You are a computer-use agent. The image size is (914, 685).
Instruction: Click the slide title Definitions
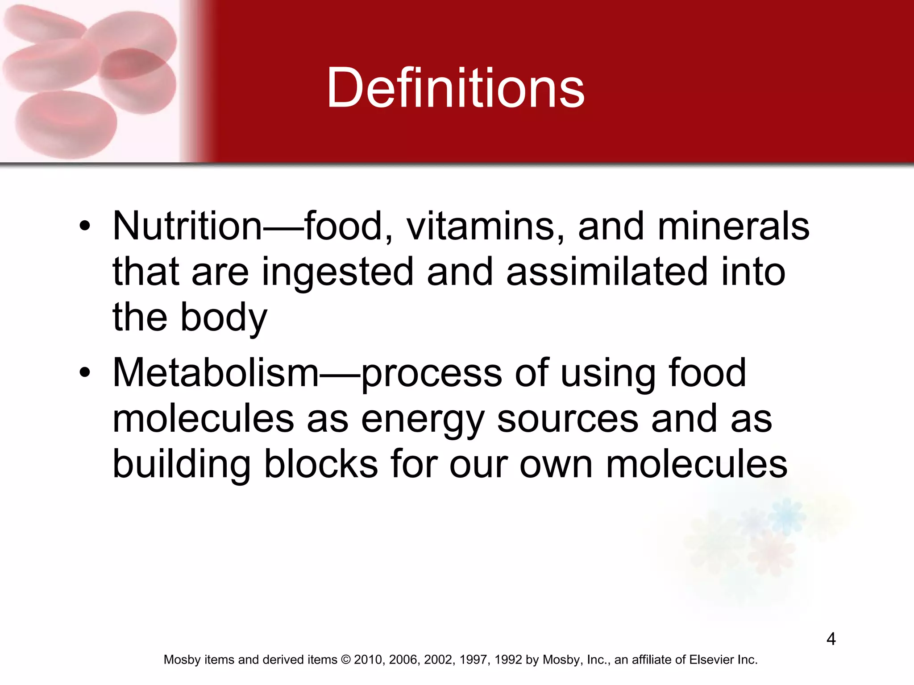[x=455, y=88]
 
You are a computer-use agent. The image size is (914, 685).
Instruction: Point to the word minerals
[x=733, y=226]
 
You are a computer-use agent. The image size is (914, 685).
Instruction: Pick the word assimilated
[x=607, y=272]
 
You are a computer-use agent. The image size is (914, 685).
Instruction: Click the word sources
[x=568, y=419]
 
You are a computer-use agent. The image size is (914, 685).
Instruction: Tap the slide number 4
[x=831, y=639]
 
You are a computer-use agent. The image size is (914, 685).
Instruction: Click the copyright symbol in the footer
[x=345, y=660]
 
